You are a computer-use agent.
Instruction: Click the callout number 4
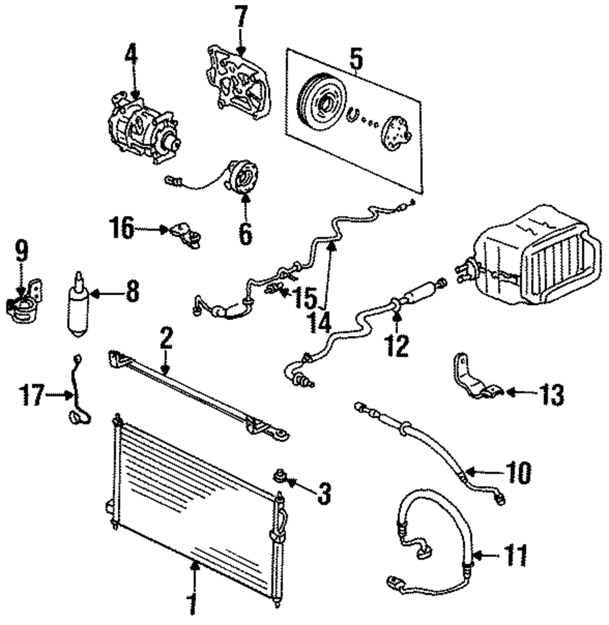(x=131, y=57)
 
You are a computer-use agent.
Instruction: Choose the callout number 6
(x=245, y=233)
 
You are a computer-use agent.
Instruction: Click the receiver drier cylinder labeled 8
(x=79, y=304)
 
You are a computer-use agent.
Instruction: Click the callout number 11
(x=515, y=555)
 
